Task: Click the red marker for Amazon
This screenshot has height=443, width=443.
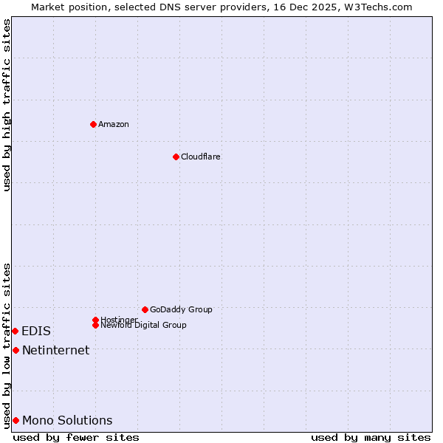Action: coord(93,124)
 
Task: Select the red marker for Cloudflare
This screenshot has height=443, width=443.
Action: coord(176,157)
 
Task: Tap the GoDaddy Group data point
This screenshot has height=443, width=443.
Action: coord(145,309)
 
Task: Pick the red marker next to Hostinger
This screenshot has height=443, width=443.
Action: coord(95,320)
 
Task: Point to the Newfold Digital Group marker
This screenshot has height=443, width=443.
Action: coord(95,325)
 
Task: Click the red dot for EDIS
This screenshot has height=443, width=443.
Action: coord(15,331)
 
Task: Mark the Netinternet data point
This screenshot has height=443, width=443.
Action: coord(16,350)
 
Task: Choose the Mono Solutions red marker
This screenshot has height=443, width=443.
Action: coord(16,420)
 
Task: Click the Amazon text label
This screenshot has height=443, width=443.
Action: coord(114,124)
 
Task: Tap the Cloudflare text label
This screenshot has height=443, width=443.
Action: coord(201,157)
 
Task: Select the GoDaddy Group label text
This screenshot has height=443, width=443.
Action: coord(181,309)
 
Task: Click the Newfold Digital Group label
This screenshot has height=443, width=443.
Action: coord(143,326)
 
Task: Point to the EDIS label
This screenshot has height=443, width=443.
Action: coord(36,332)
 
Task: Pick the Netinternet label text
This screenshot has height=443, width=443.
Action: coord(55,350)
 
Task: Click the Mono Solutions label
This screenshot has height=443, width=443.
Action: coord(67,421)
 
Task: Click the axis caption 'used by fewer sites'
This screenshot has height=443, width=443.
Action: coord(76,437)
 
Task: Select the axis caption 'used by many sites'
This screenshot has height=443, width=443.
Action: coord(371,437)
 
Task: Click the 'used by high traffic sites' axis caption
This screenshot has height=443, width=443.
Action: coord(7,105)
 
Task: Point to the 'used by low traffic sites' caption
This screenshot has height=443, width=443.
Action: coord(7,345)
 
